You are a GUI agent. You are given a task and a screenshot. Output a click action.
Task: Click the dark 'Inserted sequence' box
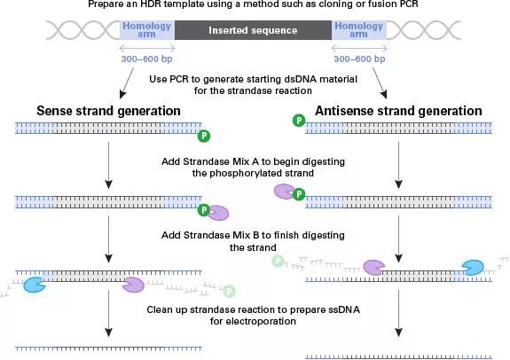coord(253,30)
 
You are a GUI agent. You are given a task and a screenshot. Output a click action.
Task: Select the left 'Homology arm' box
coord(147,30)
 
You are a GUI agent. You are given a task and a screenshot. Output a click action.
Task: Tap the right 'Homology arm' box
coord(359,30)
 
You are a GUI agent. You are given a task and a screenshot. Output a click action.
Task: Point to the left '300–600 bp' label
coord(146,59)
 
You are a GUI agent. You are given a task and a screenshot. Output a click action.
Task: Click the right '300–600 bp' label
coord(359,59)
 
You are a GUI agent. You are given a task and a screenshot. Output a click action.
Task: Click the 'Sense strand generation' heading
coord(108,111)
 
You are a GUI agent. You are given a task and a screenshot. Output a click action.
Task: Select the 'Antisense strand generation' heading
coord(398,111)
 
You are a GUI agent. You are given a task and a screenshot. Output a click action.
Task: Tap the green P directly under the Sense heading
coord(204,136)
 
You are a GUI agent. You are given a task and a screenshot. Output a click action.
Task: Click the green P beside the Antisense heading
coord(299,121)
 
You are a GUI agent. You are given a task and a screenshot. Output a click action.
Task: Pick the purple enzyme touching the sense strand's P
coord(218,213)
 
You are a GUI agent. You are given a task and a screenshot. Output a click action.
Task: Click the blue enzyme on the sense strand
coord(35,285)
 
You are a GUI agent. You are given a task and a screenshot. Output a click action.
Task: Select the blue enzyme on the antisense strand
coord(474,267)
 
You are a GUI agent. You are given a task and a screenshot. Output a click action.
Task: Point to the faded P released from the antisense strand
coord(279,261)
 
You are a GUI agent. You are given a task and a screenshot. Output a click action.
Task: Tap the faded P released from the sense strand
coord(229,291)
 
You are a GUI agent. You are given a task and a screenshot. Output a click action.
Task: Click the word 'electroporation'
coord(253,321)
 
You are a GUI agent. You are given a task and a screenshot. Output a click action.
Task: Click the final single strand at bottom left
coord(108,349)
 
